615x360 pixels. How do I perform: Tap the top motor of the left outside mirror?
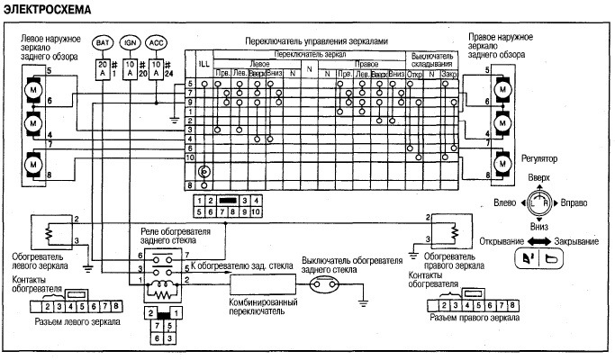pos(32,93)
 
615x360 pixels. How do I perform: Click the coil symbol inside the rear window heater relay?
pos(164,292)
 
